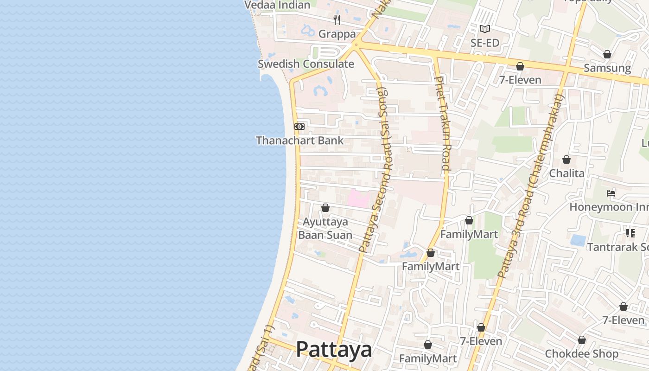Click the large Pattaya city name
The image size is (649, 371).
pos(334,350)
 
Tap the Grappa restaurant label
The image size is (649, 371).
pos(337,34)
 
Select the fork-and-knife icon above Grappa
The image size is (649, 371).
pos(337,20)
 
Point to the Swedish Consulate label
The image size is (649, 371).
pos(306,64)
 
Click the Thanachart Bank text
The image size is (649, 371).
pos(300,141)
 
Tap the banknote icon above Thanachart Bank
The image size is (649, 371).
pos(299,127)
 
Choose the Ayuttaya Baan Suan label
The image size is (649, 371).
pos(325,228)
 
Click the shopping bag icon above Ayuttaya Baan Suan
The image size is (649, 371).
pos(325,208)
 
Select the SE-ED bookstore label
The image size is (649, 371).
pos(485,43)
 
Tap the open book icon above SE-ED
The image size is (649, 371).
pos(485,29)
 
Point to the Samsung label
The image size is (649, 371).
pos(607,68)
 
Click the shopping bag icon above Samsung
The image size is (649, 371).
pos(607,55)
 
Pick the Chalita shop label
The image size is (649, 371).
pos(566,173)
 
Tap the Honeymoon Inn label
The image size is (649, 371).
pos(609,207)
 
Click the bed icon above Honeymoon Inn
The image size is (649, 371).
pos(611,193)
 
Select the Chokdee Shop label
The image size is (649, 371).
pos(582,354)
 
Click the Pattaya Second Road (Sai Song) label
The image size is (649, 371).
pos(376,169)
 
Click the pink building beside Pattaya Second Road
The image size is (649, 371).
pos(358,199)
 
